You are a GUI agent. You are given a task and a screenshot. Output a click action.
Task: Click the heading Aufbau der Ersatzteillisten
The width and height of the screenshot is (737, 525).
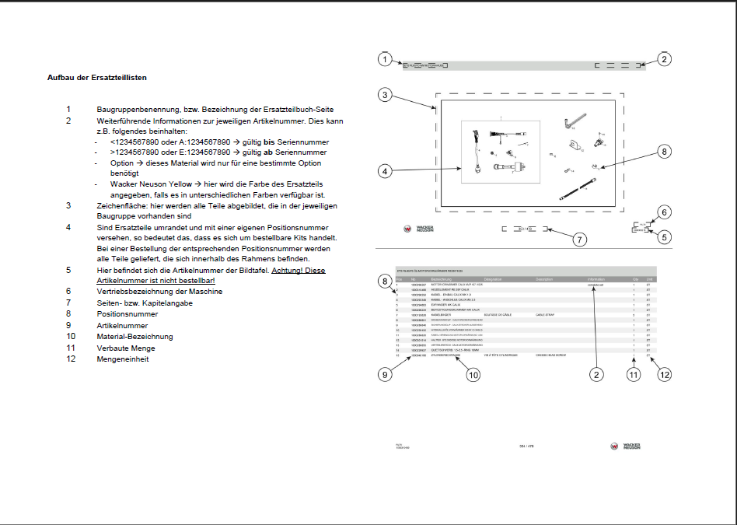point(97,78)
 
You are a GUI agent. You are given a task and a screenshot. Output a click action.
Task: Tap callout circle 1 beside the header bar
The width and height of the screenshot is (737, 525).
point(383,59)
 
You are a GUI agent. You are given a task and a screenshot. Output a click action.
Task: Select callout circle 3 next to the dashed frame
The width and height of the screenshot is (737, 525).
point(383,95)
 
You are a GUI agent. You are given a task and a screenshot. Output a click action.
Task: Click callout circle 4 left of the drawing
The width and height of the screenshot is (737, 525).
point(383,170)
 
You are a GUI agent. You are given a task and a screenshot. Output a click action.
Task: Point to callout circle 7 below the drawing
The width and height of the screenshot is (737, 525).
point(579,240)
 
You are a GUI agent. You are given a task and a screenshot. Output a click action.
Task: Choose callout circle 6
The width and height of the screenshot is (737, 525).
point(663,212)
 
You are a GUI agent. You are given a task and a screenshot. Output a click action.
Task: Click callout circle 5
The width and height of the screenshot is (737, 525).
point(663,237)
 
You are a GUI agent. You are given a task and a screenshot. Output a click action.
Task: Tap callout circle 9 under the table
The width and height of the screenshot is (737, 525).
point(383,374)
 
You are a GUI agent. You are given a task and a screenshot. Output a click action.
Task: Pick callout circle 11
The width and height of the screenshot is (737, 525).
point(634,374)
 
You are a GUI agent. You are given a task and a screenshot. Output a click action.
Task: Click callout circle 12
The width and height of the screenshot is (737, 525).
point(663,374)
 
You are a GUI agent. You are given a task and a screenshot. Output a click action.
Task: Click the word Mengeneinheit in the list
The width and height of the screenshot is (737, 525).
point(122,359)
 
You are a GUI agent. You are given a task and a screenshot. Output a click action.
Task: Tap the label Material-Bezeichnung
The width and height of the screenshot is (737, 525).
point(134,337)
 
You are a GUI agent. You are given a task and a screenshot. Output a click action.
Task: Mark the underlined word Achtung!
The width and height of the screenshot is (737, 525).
point(288,270)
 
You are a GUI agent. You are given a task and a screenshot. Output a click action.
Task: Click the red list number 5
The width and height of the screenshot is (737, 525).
point(68,270)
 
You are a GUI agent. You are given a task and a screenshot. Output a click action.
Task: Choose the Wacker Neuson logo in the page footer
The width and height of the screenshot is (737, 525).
point(626,446)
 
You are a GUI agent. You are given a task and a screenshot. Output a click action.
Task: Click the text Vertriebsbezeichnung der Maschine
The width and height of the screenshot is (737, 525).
point(159,292)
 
